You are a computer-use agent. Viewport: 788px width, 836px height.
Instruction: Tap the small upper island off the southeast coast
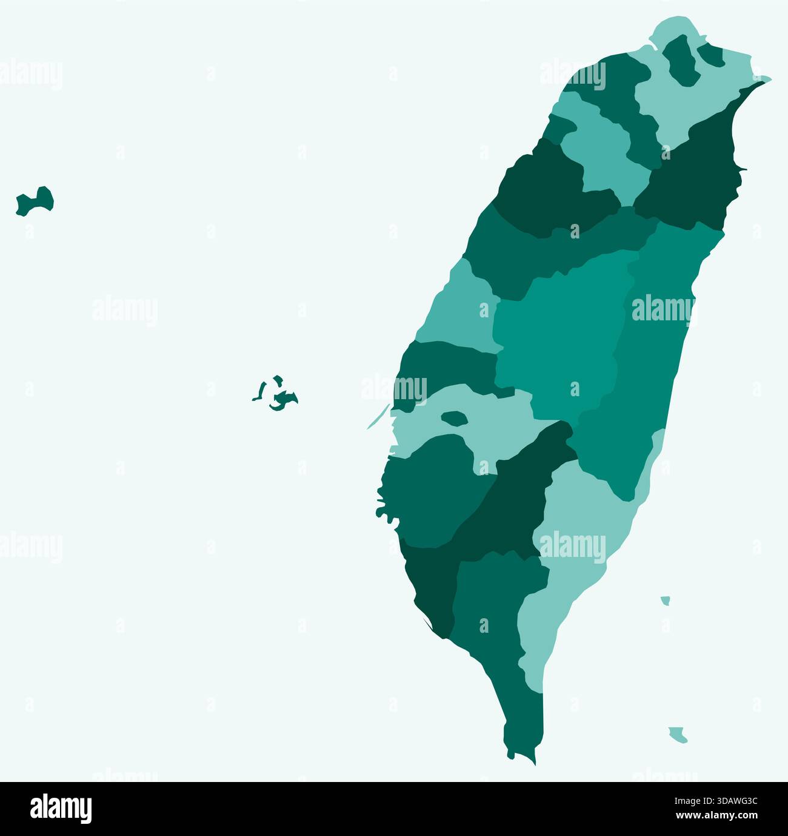click(666, 601)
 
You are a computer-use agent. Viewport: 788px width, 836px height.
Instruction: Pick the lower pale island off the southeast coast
click(678, 735)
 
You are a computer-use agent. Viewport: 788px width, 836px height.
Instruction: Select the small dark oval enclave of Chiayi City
click(454, 417)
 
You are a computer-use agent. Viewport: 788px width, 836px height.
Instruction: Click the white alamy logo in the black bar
click(61, 809)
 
